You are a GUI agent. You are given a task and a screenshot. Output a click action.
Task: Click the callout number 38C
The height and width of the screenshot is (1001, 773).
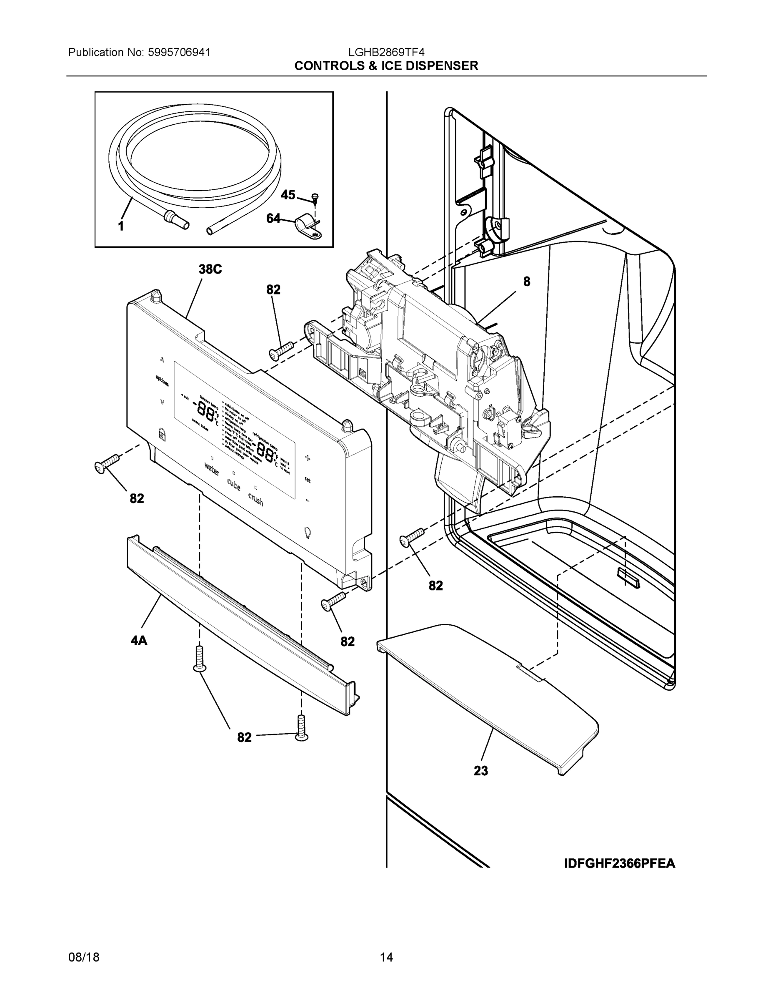210,269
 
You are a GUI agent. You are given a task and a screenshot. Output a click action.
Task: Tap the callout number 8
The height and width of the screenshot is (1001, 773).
527,282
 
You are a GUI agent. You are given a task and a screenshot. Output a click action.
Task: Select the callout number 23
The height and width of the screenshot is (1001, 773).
481,771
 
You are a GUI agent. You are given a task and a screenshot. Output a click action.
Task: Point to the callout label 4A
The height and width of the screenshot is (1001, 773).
139,641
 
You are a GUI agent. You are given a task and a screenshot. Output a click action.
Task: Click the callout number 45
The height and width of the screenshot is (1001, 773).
288,195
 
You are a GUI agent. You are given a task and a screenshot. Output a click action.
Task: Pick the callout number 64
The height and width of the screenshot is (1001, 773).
273,219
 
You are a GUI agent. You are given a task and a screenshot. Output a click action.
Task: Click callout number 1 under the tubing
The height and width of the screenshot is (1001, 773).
121,226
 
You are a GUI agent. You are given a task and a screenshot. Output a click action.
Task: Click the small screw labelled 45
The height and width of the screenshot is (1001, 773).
315,198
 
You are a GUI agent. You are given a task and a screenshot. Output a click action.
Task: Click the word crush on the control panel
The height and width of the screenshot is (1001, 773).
255,499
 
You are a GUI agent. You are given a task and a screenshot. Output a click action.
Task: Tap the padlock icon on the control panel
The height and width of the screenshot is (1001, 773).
161,433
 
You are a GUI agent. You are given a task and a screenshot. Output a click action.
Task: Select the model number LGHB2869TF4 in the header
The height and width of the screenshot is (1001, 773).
387,52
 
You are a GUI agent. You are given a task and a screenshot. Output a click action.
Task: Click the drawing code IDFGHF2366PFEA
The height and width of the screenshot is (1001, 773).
620,864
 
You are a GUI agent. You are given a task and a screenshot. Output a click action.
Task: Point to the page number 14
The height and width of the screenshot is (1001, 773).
387,958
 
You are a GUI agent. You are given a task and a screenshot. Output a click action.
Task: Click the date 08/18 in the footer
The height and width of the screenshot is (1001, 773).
84,958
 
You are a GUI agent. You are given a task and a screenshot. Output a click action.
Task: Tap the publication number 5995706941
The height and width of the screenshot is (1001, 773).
179,52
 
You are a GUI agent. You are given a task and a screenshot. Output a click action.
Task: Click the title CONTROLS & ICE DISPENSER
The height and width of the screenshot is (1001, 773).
386,66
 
